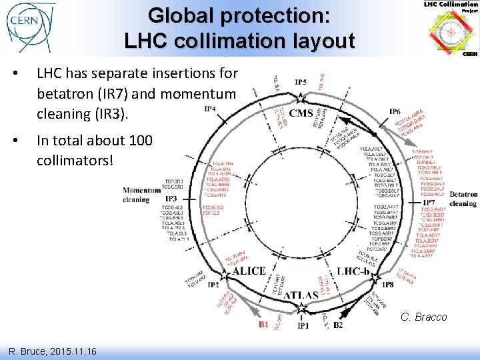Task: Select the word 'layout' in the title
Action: (x=319, y=41)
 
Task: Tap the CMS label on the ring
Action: (x=301, y=113)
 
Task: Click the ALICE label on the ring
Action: (x=249, y=272)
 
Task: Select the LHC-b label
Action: (x=359, y=272)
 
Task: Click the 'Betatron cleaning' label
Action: (x=463, y=199)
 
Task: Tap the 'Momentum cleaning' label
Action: (x=142, y=195)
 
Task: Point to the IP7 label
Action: (x=428, y=202)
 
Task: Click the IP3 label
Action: (x=171, y=199)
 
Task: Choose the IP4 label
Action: (x=209, y=109)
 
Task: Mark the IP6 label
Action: (x=395, y=111)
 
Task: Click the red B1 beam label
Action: (x=264, y=325)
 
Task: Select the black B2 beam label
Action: (x=338, y=325)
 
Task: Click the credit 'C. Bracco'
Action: (x=423, y=317)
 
